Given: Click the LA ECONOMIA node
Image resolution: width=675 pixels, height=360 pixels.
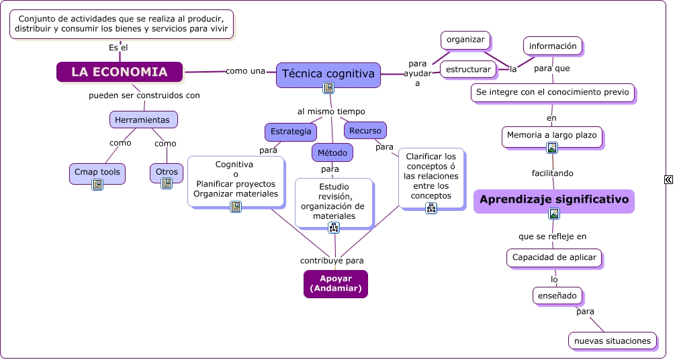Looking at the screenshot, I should pos(120,72).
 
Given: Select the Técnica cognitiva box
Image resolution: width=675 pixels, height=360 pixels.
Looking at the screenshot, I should pos(328,73).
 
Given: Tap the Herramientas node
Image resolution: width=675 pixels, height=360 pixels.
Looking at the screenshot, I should pos(144,120).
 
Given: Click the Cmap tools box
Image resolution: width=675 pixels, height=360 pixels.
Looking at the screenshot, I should pos(97,172).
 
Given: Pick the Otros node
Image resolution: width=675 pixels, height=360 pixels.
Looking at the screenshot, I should pos(167,172).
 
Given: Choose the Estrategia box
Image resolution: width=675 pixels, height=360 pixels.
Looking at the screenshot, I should pos(291,131).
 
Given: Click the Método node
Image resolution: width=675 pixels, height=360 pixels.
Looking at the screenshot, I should pos(332,153).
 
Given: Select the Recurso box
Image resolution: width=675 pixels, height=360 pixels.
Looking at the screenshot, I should pos(365,130).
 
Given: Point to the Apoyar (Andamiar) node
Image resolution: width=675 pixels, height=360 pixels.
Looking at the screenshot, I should pos(336,283).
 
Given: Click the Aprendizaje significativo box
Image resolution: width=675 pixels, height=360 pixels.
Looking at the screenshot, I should pos(553,199).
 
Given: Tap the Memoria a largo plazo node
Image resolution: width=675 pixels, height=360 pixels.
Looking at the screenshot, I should pos(552,136).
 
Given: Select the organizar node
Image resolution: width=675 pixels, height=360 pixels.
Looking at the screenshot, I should pos(465,40).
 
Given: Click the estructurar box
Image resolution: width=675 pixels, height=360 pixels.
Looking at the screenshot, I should pos(468,69).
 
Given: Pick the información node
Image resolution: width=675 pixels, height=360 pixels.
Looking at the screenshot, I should pos(553,46).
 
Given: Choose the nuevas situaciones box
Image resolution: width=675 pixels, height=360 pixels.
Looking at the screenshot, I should pos(613,341).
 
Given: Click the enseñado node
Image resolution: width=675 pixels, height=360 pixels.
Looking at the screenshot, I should pos(557,295).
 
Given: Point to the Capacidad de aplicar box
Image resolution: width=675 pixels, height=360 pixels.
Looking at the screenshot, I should pos(554,257).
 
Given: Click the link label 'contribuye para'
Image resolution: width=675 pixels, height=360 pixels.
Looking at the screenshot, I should pos(332,261).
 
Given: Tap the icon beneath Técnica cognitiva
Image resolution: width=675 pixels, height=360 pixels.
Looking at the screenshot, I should pos(328,88).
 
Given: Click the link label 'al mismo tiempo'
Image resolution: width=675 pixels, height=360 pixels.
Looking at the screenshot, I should pos(331,111).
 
